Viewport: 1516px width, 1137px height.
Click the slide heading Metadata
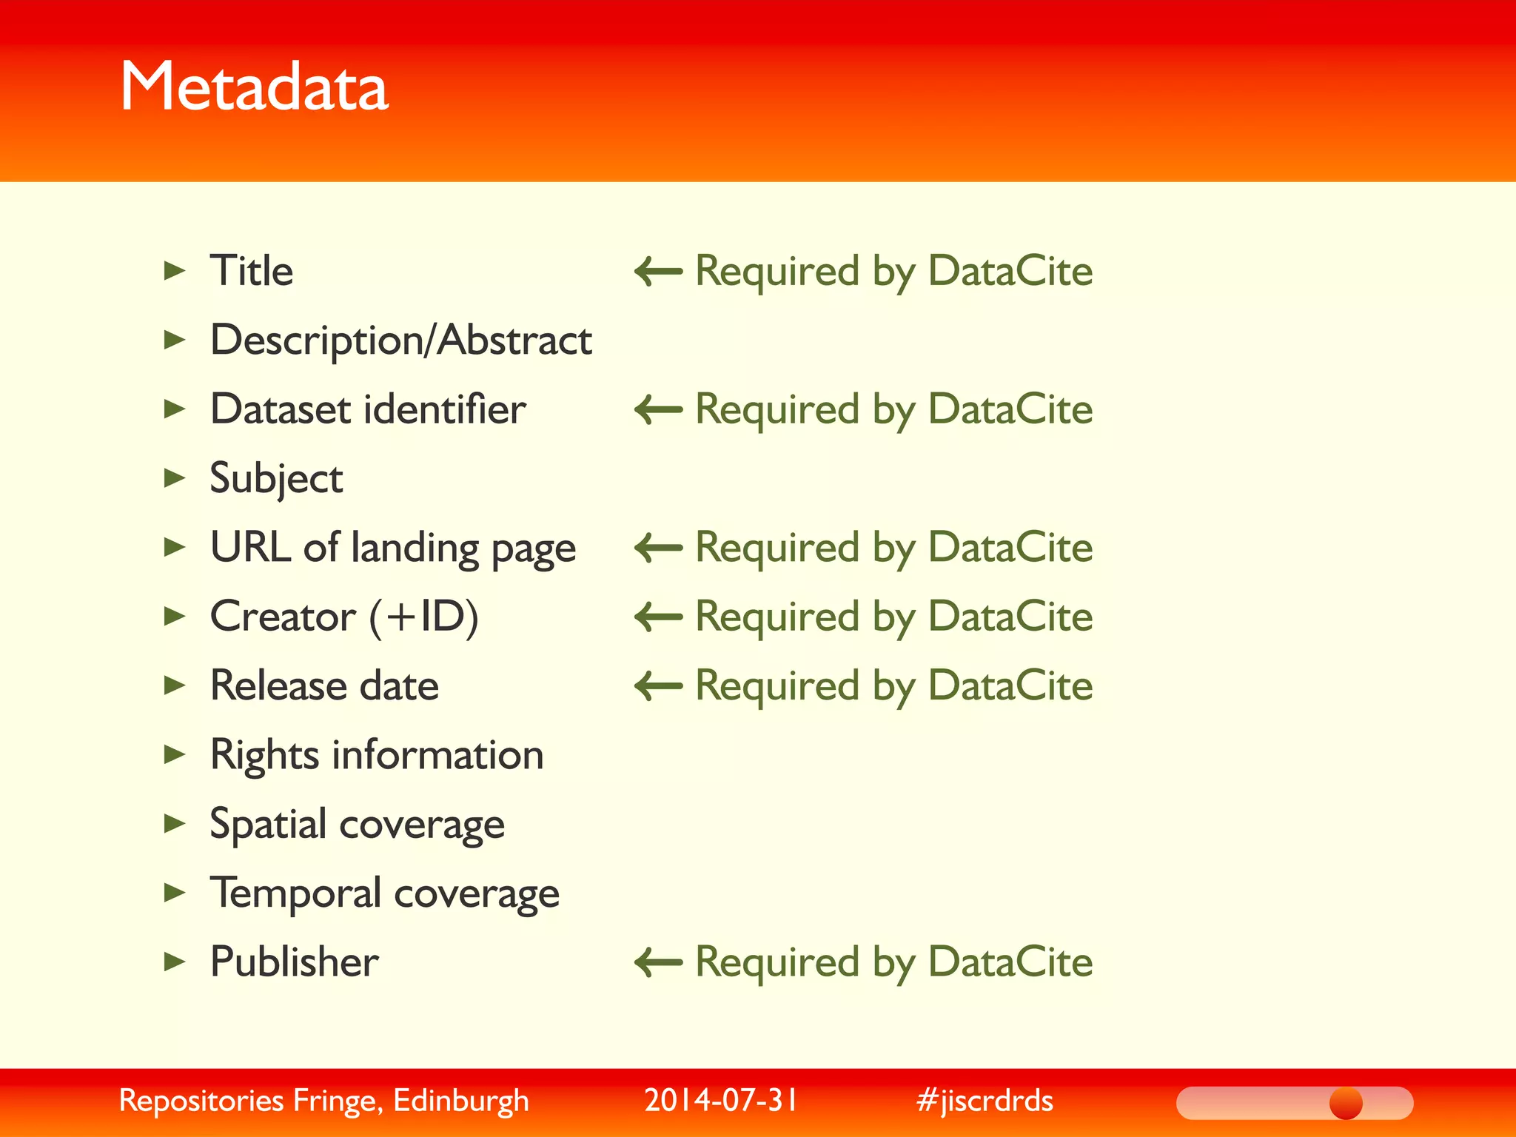[254, 87]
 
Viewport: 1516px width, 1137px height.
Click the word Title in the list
[252, 270]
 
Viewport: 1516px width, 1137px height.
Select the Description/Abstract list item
[400, 341]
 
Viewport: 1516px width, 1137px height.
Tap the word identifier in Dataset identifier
[445, 409]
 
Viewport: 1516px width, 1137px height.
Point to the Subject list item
[276, 479]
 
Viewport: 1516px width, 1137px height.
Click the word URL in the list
[250, 547]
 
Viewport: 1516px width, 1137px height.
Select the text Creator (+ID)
[344, 617]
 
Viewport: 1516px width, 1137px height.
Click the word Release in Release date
[278, 685]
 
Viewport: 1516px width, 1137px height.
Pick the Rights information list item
[377, 756]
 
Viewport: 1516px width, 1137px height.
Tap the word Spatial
[268, 825]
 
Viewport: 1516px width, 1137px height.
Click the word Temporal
[295, 893]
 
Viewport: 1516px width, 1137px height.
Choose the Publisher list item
[294, 962]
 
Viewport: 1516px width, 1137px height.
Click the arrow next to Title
[658, 271]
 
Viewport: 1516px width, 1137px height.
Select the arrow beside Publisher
[658, 962]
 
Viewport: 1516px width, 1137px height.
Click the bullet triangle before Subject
[174, 478]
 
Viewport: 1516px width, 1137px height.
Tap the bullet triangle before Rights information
[174, 754]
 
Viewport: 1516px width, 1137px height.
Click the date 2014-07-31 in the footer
[721, 1101]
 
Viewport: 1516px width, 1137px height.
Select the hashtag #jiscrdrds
[985, 1101]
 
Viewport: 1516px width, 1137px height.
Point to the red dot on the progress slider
[1345, 1103]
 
